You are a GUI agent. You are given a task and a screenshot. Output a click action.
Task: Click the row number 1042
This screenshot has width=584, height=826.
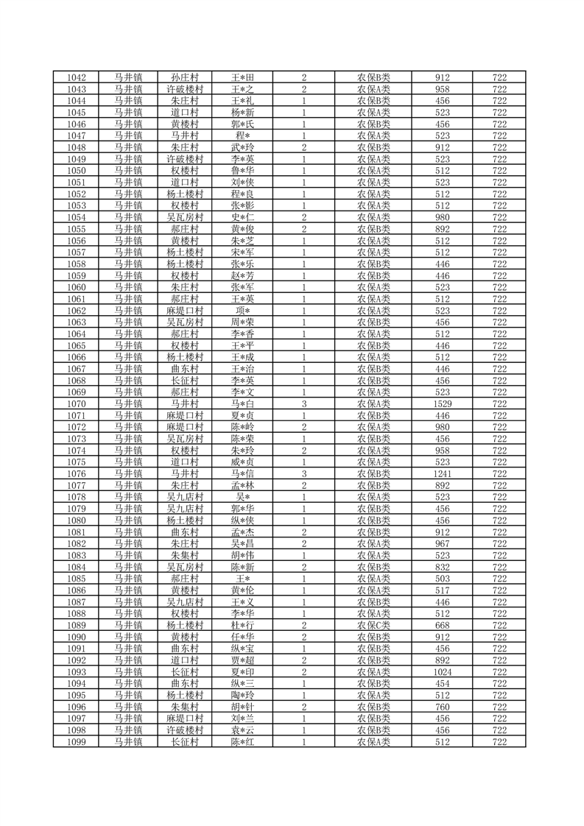point(77,77)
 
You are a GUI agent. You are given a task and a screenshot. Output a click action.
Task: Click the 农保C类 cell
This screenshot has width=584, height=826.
point(373,625)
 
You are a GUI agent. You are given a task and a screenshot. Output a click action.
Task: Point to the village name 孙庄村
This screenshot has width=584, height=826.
point(185,77)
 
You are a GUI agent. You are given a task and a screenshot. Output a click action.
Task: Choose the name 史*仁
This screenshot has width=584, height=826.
point(242,217)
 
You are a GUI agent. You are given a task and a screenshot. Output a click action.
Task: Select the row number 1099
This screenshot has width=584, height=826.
point(77,742)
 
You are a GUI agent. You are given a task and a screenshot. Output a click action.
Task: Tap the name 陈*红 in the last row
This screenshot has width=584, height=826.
point(242,742)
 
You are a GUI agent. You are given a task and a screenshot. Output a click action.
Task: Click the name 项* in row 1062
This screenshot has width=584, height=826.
point(242,311)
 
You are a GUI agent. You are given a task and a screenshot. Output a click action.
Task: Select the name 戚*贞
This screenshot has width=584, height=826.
point(242,462)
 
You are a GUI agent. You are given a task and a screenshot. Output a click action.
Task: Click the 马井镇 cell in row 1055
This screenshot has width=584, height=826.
point(128,229)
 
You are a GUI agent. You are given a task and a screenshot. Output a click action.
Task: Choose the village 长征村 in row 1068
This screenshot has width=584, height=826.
point(185,381)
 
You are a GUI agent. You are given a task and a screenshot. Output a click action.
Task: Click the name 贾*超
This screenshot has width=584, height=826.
point(242,660)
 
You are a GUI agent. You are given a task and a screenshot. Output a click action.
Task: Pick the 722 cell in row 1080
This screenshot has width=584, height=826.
point(500,520)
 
